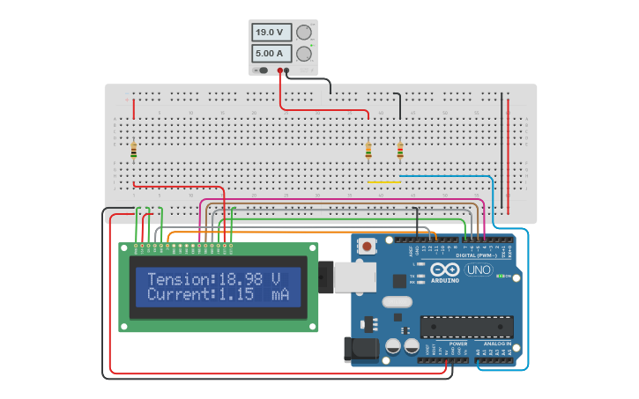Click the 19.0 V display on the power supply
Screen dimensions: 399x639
click(x=269, y=33)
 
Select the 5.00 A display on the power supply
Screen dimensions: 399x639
click(x=269, y=54)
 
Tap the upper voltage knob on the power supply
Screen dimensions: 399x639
click(x=304, y=33)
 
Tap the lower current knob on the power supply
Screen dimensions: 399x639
click(x=304, y=54)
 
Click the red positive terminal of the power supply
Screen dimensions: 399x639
click(x=280, y=70)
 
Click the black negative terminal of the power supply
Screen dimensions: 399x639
click(x=287, y=70)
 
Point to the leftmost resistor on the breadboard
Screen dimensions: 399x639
click(x=134, y=151)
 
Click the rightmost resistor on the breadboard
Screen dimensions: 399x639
click(x=400, y=151)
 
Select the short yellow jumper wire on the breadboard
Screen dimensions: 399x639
click(x=383, y=182)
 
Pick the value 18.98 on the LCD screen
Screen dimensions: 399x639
click(x=241, y=278)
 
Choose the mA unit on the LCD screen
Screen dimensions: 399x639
click(x=280, y=294)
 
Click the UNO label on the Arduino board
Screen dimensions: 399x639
click(x=479, y=270)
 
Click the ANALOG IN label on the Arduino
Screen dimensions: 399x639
click(x=496, y=343)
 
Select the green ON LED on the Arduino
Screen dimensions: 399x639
click(x=500, y=277)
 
